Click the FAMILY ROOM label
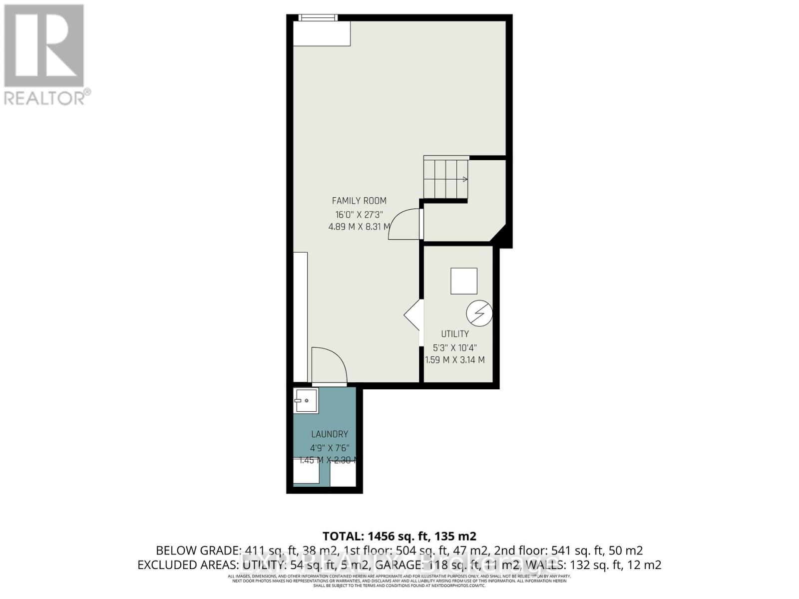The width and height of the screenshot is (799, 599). coord(359,201)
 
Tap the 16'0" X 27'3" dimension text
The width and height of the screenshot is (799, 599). coord(359,215)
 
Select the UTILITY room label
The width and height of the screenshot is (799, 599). coord(454,334)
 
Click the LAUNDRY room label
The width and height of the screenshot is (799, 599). coord(330,434)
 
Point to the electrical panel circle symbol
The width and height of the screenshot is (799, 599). coord(479,313)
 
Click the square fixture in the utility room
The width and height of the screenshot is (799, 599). coord(463,281)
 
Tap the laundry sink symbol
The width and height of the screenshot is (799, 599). coord(305,400)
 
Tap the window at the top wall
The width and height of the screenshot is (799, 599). coord(318,17)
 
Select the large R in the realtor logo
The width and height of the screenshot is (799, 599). coord(44,46)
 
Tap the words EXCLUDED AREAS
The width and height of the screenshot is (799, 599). coord(187,565)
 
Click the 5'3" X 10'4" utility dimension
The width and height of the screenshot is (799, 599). coord(454,348)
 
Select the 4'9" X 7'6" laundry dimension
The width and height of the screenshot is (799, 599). coord(329,448)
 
